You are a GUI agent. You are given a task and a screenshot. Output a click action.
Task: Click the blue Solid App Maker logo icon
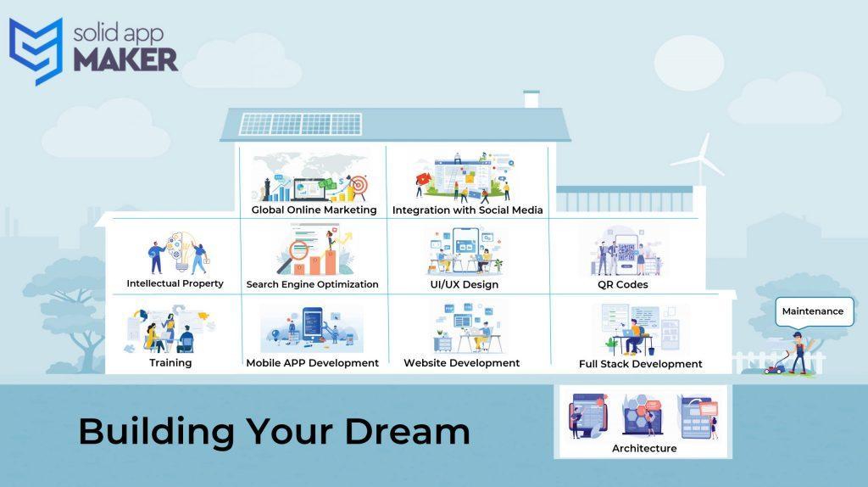click(36, 51)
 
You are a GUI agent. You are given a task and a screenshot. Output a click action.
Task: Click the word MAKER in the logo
click(125, 60)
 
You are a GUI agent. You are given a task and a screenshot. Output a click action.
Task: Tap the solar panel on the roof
click(300, 124)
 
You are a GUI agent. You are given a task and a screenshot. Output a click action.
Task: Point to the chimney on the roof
click(531, 98)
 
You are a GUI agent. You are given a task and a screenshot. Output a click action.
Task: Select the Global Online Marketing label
click(314, 210)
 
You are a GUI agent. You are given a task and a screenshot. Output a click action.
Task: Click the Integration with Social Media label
click(467, 210)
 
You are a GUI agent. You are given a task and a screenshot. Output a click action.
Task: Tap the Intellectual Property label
click(175, 283)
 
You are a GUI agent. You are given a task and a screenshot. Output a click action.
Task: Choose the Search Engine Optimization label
click(312, 284)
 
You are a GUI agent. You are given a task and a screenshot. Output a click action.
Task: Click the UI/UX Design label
click(465, 285)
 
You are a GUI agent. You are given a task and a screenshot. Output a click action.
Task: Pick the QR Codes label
click(623, 285)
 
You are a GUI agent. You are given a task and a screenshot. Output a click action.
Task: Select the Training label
click(170, 363)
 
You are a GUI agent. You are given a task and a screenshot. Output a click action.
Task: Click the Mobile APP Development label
click(312, 363)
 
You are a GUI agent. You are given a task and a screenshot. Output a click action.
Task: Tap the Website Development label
click(462, 363)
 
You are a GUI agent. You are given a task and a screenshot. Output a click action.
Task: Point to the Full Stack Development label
click(641, 364)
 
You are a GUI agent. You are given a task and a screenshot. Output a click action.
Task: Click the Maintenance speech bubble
click(814, 312)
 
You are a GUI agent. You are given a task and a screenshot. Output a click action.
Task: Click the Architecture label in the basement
click(644, 448)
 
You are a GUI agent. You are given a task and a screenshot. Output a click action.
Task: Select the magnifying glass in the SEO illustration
click(294, 255)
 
